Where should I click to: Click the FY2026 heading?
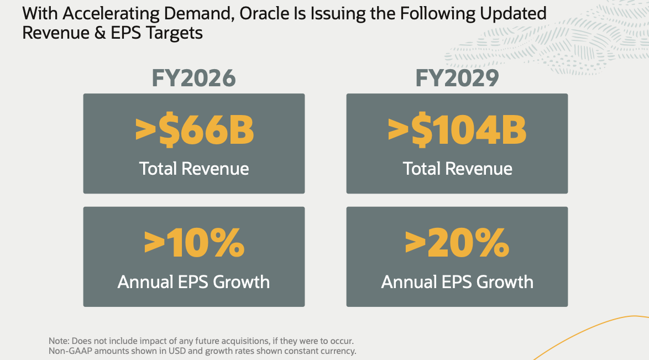coord(193,79)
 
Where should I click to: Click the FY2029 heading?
coord(457,79)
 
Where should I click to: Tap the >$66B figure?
coord(195,131)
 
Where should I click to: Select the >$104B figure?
coord(457,131)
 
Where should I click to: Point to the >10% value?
coord(194,243)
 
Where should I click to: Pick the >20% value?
coord(457,243)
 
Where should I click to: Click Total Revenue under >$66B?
coord(194,168)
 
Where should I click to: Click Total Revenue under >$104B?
coord(458,168)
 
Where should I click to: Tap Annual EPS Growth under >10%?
coord(193,282)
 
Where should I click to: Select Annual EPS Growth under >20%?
coord(457,282)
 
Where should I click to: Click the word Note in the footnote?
coord(57,341)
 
